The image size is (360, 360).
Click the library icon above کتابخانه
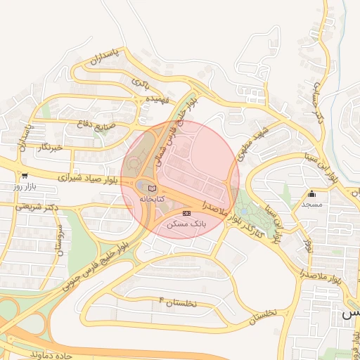tap(153, 187)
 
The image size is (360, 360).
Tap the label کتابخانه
tap(153, 200)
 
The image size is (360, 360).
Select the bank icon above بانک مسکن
tap(186, 212)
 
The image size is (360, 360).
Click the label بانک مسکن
tap(186, 224)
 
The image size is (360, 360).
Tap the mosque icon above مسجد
tap(311, 193)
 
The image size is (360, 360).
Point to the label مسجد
tap(311, 204)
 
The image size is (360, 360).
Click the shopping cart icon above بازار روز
tap(25, 176)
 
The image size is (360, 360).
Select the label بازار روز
tap(24, 188)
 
